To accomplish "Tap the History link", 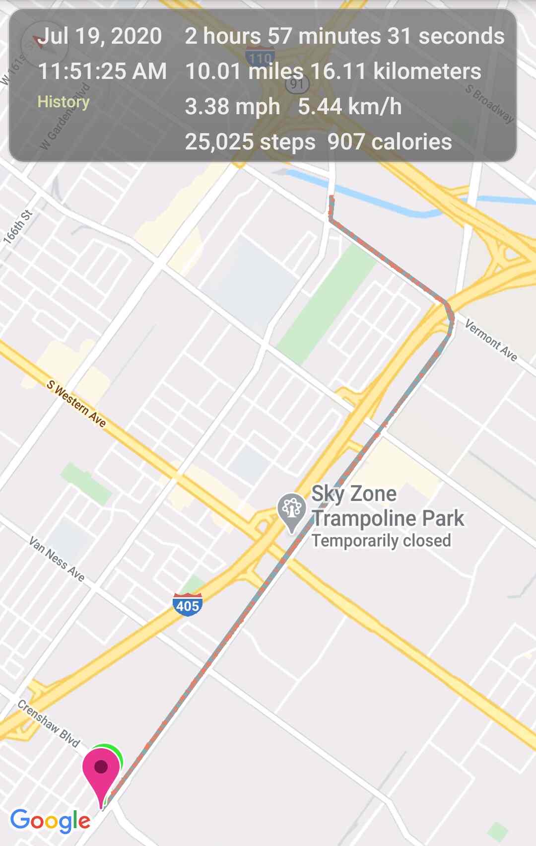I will (64, 102).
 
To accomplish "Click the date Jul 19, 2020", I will (100, 36).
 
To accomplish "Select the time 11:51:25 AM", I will (102, 71).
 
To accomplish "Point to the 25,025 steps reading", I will (250, 142).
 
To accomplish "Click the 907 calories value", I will (390, 142).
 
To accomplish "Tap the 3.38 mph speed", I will (232, 107).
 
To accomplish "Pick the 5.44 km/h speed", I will (350, 107).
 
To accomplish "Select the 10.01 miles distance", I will (244, 71).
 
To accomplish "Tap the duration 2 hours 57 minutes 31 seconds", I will (344, 36).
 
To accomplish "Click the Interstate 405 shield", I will (188, 605).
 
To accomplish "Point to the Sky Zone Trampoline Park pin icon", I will (291, 511).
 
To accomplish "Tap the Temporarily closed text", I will (381, 541).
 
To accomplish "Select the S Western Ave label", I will (76, 404).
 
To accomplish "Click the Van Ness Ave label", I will (57, 559).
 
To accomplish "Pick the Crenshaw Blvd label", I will (49, 723).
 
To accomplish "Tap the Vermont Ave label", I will (491, 340).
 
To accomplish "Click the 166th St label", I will (18, 227).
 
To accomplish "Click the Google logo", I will (50, 821).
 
